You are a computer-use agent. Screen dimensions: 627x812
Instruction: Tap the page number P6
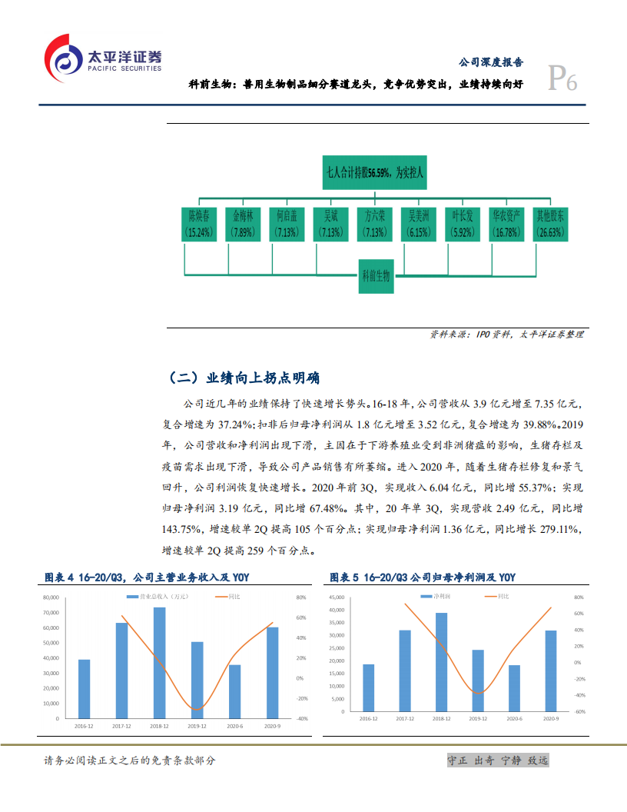point(562,79)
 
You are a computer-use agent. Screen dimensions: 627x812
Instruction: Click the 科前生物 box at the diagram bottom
point(376,275)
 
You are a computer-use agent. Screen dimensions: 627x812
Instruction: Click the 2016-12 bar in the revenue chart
point(84,689)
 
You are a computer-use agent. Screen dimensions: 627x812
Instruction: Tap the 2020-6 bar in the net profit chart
point(514,688)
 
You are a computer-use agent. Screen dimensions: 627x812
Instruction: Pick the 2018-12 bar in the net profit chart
point(441,662)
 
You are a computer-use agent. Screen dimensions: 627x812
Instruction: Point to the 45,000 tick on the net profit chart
point(335,597)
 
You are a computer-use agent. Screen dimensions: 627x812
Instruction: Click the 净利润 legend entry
point(440,596)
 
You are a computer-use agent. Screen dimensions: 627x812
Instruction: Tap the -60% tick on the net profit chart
point(580,712)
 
